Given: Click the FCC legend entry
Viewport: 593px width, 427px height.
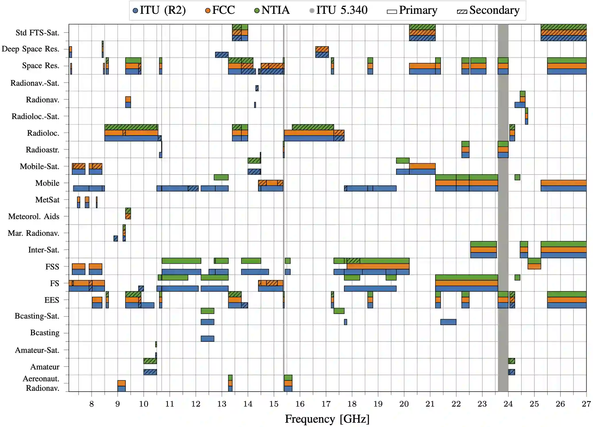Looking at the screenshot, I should coord(220,10).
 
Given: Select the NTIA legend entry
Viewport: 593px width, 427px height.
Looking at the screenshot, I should coord(272,10).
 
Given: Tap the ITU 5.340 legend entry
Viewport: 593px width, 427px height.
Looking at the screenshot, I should coord(338,10).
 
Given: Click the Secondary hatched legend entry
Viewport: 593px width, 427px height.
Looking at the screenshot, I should coord(488,10).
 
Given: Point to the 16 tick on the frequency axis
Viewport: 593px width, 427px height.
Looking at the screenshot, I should coord(300,404).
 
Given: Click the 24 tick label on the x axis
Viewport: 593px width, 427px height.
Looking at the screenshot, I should coord(508,404).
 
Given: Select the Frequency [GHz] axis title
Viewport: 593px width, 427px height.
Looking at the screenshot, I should coord(327,419).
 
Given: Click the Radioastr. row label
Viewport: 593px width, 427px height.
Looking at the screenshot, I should coord(43,150).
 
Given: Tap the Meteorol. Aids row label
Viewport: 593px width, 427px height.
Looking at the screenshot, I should coord(34,217).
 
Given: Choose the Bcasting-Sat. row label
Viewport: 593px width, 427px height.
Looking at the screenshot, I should coord(37,316).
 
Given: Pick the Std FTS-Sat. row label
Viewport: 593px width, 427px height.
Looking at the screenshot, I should coord(37,33).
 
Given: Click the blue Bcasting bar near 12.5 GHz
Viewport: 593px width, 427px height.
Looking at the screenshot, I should coord(207,338).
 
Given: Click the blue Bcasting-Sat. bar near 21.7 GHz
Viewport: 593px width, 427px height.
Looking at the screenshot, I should coord(448,322).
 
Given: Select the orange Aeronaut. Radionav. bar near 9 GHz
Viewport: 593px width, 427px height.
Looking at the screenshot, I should coord(121,383).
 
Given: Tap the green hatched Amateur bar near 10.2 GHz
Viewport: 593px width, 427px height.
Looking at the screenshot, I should coord(150,361).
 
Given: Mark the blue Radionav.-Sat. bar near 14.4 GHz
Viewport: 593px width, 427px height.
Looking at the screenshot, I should coord(257,88).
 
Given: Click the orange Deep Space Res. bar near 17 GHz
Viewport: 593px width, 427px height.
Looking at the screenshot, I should coord(322,49).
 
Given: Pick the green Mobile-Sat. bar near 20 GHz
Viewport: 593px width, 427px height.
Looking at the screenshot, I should coord(402,160).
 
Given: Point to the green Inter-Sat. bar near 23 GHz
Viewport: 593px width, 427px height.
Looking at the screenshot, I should coord(483,244).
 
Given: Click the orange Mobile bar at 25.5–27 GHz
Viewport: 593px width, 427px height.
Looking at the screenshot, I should coord(563,183).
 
